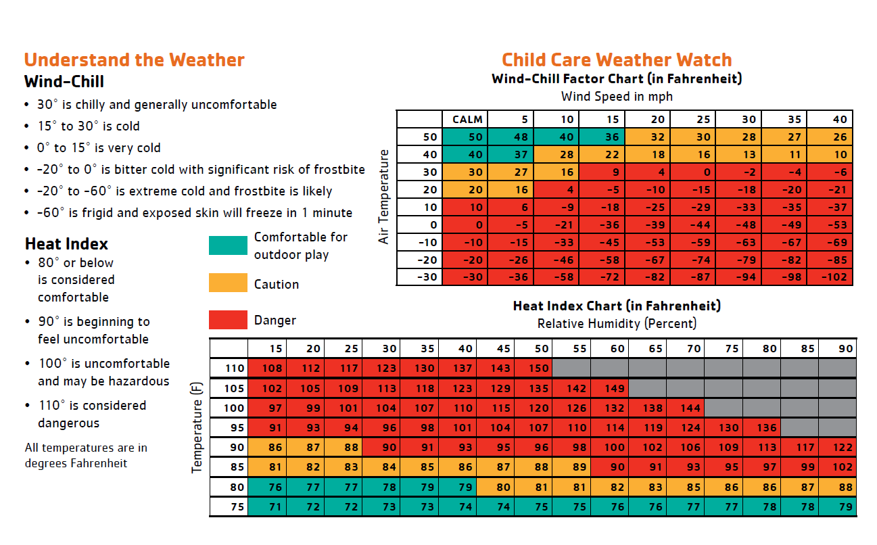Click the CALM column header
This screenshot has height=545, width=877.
point(465,120)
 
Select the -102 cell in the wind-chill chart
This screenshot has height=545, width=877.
point(830,277)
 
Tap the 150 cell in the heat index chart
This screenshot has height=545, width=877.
point(534,368)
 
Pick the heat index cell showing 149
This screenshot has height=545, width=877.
point(610,388)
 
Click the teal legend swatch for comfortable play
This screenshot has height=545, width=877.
point(228,245)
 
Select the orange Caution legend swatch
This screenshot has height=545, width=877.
point(228,283)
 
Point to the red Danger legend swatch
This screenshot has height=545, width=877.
point(228,319)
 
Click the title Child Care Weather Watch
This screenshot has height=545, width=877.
point(617,60)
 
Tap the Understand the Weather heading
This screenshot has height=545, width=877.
point(135,60)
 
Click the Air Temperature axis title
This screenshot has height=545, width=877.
point(383,197)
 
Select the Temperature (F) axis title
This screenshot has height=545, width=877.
point(196,427)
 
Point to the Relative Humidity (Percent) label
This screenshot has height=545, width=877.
point(617,324)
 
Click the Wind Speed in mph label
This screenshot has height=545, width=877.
point(617,96)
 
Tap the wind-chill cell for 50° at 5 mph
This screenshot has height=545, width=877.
point(511,137)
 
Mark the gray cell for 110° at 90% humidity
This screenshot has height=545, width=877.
point(838,368)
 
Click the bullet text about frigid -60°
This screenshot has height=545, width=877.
point(195,212)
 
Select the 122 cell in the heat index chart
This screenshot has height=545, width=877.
point(838,447)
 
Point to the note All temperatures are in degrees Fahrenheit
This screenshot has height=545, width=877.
point(86,455)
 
